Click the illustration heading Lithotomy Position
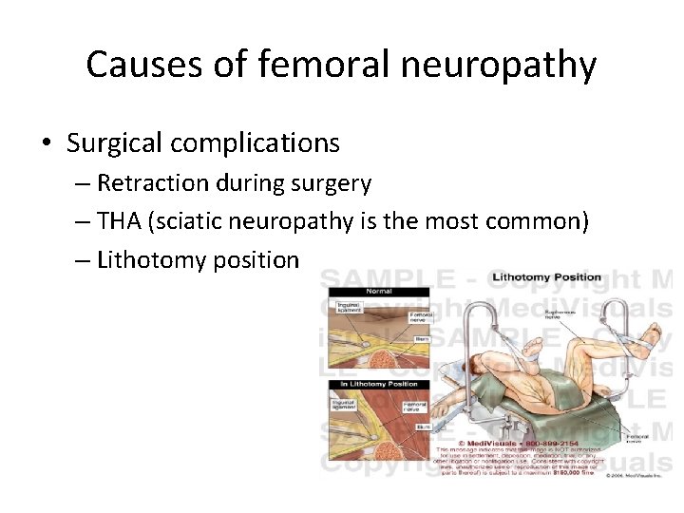pos(547,277)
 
